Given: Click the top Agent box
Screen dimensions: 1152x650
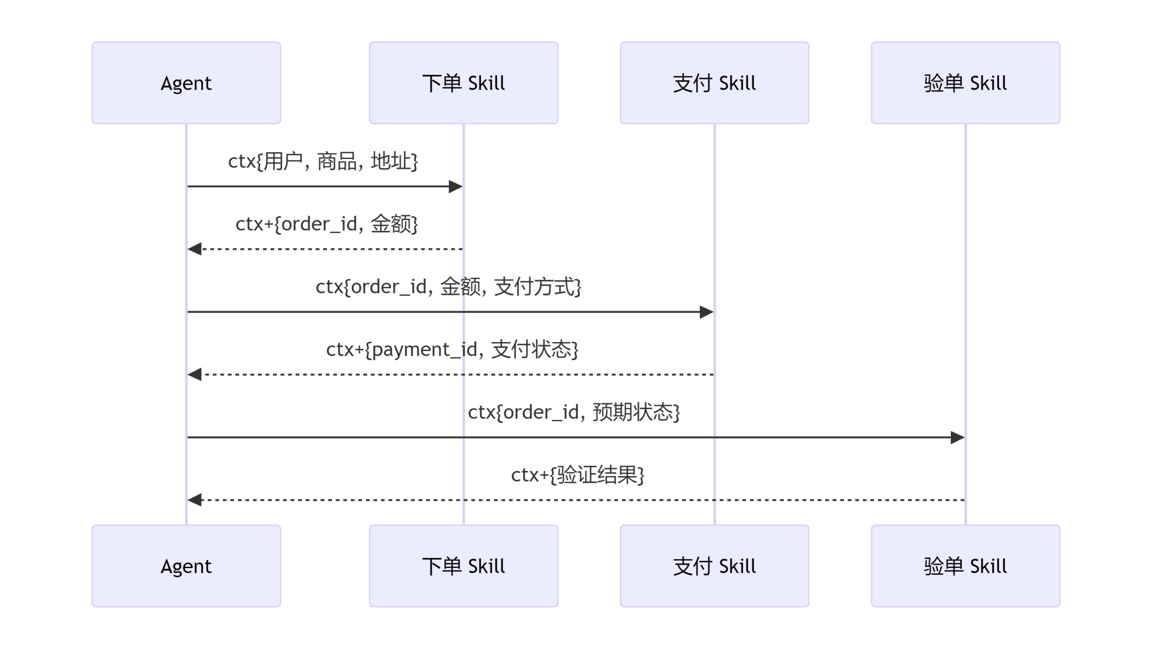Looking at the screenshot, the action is pyautogui.click(x=186, y=83).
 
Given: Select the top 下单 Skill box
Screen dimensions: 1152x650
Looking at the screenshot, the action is pyautogui.click(x=463, y=83).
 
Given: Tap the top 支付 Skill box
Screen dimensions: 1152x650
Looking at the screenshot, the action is pyautogui.click(x=715, y=83).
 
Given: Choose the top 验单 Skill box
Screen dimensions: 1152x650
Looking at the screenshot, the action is pyautogui.click(x=966, y=83).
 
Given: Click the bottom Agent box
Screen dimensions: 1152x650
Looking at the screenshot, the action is pyautogui.click(x=186, y=566).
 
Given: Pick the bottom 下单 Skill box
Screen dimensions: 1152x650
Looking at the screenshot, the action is pyautogui.click(x=463, y=566).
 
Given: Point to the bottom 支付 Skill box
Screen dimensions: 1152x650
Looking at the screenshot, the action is pyautogui.click(x=715, y=566).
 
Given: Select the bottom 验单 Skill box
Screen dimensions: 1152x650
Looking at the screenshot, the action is pyautogui.click(x=966, y=566).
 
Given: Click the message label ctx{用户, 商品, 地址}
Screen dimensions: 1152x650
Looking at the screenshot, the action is pyautogui.click(x=323, y=162).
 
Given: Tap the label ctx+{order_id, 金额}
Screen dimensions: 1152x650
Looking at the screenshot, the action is pyautogui.click(x=327, y=224).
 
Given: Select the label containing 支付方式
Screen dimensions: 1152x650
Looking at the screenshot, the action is pyautogui.click(x=449, y=287).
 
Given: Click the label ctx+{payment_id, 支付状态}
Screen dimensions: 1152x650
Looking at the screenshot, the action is pyautogui.click(x=452, y=349).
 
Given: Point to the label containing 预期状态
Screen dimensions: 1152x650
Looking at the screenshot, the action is pyautogui.click(x=574, y=412).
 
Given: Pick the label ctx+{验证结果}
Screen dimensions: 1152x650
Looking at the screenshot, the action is pyautogui.click(x=578, y=474).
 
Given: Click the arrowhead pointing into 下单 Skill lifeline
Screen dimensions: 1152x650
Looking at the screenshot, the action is pyautogui.click(x=456, y=186).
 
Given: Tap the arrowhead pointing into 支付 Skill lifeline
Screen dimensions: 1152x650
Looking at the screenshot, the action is pyautogui.click(x=706, y=312).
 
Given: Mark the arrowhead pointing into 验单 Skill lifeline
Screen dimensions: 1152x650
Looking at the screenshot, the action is pyautogui.click(x=958, y=438).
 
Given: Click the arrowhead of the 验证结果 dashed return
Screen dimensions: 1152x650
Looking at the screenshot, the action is pyautogui.click(x=194, y=500).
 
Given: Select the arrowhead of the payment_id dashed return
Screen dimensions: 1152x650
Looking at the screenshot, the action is pyautogui.click(x=194, y=374).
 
